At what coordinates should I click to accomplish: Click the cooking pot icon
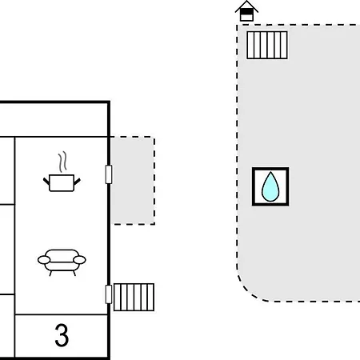(x=62, y=183)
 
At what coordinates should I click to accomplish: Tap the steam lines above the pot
(x=62, y=162)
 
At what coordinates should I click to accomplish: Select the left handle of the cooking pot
(x=46, y=182)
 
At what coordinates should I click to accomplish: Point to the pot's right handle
(x=77, y=182)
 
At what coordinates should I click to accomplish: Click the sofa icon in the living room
(x=62, y=262)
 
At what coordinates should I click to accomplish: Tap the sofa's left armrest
(x=44, y=260)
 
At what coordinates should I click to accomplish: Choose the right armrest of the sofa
(x=79, y=260)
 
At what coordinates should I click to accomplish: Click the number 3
(x=62, y=335)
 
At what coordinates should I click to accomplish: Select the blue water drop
(x=270, y=186)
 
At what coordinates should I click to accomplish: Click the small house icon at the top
(x=246, y=11)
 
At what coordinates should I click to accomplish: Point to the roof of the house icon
(x=246, y=6)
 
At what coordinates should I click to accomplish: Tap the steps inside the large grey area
(x=267, y=45)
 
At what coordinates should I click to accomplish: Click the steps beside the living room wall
(x=134, y=298)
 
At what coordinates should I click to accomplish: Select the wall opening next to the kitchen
(x=109, y=174)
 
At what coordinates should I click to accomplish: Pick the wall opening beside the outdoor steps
(x=109, y=294)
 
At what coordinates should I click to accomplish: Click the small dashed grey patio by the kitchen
(x=133, y=181)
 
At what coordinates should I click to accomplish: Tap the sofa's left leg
(x=50, y=273)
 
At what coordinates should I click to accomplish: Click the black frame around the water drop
(x=253, y=186)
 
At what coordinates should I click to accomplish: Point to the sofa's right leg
(x=74, y=273)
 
